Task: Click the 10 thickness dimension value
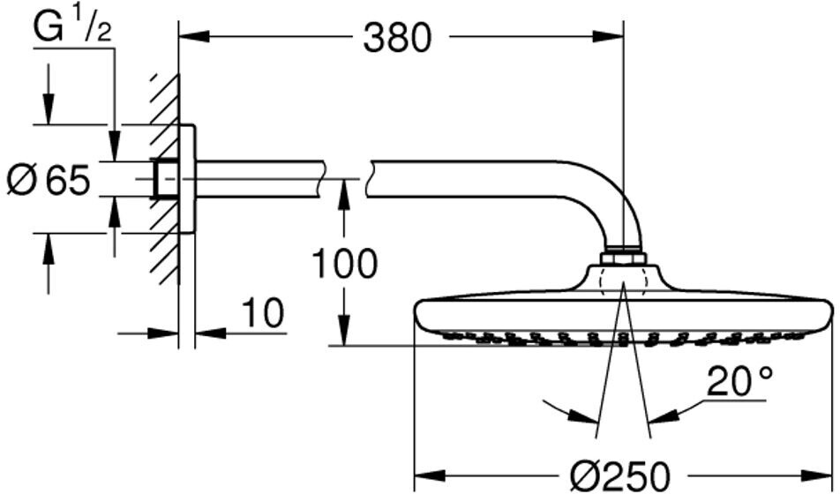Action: tap(262, 312)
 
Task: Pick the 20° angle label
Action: tap(740, 382)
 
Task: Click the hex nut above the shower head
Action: tap(623, 258)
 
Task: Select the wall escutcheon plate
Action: tap(187, 180)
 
